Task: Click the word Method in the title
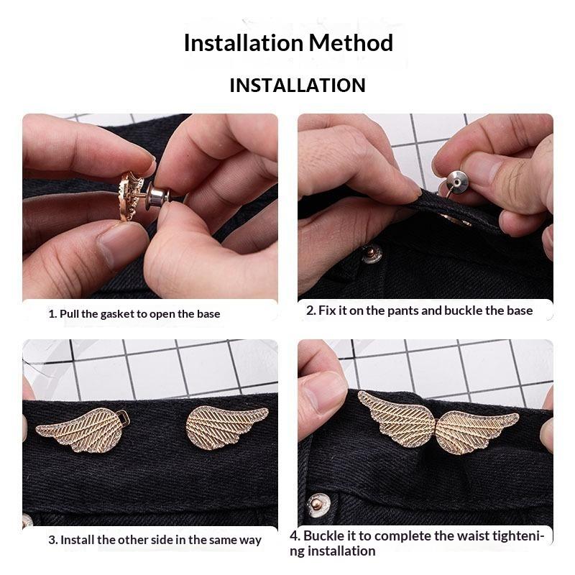(x=351, y=43)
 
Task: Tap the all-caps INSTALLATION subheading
(x=298, y=85)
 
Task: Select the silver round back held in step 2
(x=456, y=183)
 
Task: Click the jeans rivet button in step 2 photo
(x=372, y=254)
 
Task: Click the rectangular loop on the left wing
(x=122, y=417)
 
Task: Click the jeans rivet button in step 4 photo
(x=318, y=505)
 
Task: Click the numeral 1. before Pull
(x=52, y=314)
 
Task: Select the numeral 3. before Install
(x=53, y=540)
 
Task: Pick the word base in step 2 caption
(x=520, y=311)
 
